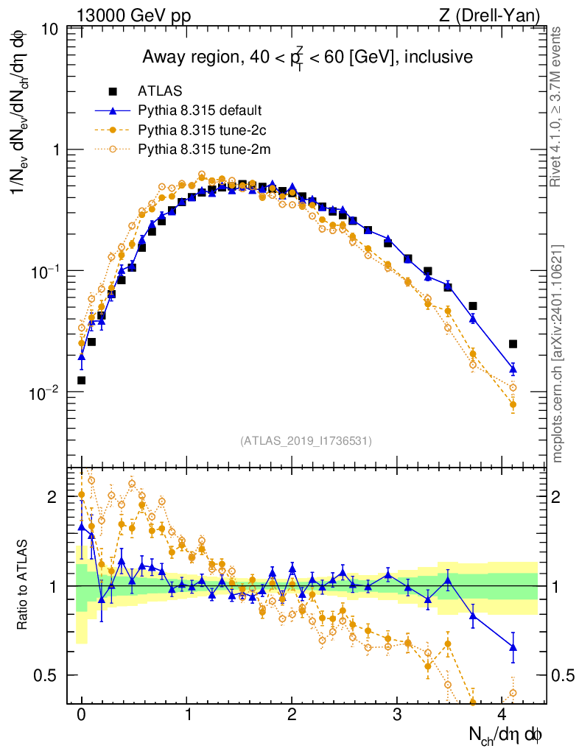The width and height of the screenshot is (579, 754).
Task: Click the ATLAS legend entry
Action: pyautogui.click(x=154, y=91)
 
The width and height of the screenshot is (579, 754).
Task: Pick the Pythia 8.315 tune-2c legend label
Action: pyautogui.click(x=201, y=130)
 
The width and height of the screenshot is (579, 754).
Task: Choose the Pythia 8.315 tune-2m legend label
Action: pyautogui.click(x=202, y=149)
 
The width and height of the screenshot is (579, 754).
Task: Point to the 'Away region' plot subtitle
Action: pyautogui.click(x=307, y=57)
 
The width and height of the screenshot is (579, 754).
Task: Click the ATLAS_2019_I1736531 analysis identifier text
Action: pyautogui.click(x=306, y=441)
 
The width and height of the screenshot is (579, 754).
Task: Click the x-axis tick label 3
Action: pyautogui.click(x=397, y=715)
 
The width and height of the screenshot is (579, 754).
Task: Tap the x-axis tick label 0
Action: pyautogui.click(x=81, y=715)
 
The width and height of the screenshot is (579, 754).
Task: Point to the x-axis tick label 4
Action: pyautogui.click(x=502, y=715)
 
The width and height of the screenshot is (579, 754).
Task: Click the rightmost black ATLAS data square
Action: pyautogui.click(x=513, y=344)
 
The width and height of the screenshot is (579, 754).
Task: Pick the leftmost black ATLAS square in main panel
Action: pyautogui.click(x=81, y=381)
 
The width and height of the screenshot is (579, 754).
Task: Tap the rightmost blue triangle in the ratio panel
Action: pyautogui.click(x=513, y=647)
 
